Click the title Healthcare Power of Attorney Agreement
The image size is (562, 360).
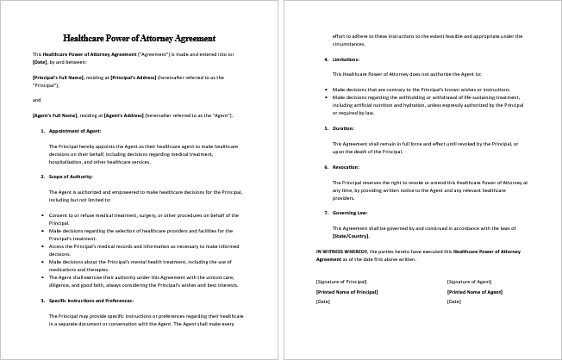(x=140, y=38)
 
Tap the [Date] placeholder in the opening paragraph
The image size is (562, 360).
(x=40, y=61)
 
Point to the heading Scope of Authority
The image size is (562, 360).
(x=71, y=176)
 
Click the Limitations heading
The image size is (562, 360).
(x=347, y=59)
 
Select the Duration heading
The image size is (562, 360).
(x=344, y=127)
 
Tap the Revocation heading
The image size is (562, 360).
(x=347, y=167)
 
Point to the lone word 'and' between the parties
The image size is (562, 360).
(x=35, y=100)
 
